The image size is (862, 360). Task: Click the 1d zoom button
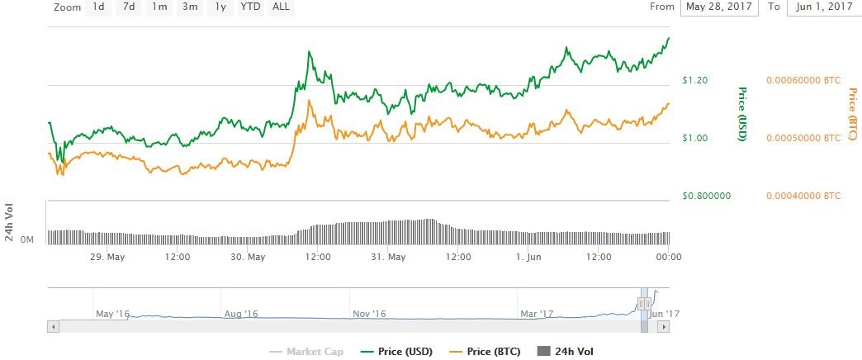point(97,7)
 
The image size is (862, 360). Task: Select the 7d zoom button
point(128,7)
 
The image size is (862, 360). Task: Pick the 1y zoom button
point(220,7)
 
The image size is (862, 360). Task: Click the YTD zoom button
point(249,7)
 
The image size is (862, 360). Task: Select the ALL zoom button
point(281,7)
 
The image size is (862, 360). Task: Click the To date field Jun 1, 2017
point(820,7)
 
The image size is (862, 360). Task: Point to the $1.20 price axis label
point(695,81)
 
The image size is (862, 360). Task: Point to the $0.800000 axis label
point(706,197)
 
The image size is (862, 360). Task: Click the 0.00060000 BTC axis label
point(803,81)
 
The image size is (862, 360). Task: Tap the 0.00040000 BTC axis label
point(803,197)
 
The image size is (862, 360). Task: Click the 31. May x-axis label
point(388,257)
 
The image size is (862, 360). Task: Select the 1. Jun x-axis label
point(527,257)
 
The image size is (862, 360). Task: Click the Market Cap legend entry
point(306,352)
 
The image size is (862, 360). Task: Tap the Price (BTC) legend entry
point(482,352)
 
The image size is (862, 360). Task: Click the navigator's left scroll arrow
point(53,327)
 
